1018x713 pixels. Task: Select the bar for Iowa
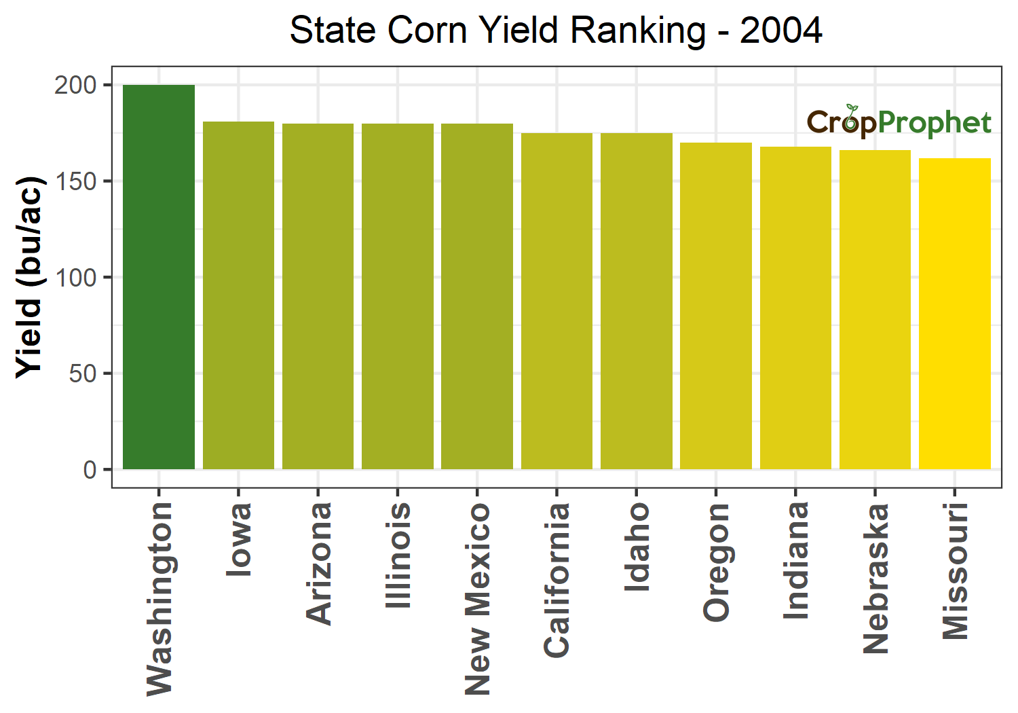[x=238, y=295]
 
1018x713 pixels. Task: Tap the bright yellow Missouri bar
[x=955, y=313]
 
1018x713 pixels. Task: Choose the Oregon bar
[x=716, y=306]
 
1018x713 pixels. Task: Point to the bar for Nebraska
[x=875, y=309]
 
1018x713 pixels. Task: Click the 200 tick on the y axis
[x=76, y=85]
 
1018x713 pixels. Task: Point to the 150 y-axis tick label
[x=76, y=181]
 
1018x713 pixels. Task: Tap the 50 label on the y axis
[x=83, y=373]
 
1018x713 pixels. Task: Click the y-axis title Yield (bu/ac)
[x=30, y=277]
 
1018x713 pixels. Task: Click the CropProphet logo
[x=899, y=122]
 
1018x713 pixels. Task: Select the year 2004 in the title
[x=781, y=31]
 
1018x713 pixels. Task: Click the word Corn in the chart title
[x=428, y=31]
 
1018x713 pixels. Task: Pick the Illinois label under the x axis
[x=398, y=555]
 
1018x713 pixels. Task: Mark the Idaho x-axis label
[x=637, y=547]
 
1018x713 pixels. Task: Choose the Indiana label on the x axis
[x=796, y=561]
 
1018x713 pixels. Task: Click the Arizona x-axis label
[x=318, y=563]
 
